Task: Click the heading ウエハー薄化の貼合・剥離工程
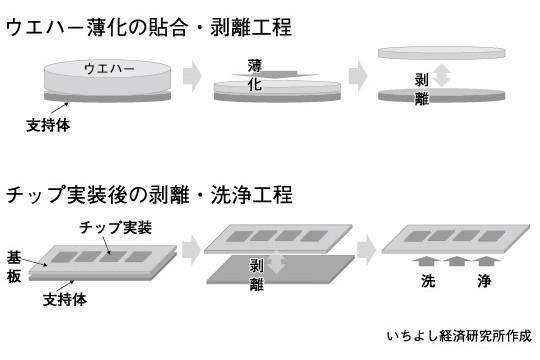click(x=149, y=27)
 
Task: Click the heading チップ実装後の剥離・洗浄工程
click(x=149, y=195)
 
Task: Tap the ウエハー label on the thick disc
click(x=109, y=68)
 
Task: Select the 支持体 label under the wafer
click(x=48, y=125)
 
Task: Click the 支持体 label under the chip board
click(x=65, y=299)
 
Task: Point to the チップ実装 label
click(x=116, y=227)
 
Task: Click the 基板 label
click(x=14, y=266)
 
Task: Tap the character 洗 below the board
click(x=428, y=281)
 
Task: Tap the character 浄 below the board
click(x=485, y=281)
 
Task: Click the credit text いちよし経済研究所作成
click(x=459, y=336)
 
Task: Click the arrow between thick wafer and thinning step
click(x=192, y=76)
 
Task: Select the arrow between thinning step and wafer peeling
click(x=358, y=76)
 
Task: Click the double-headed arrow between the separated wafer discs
click(x=442, y=76)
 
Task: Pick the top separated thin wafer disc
click(x=442, y=53)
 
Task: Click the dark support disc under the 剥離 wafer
click(x=442, y=95)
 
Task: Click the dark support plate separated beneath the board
click(x=281, y=270)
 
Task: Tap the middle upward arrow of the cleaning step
click(x=456, y=261)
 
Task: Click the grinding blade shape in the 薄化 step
click(x=276, y=74)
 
